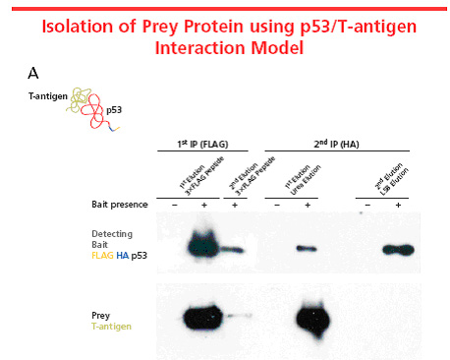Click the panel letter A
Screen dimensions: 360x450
click(x=34, y=73)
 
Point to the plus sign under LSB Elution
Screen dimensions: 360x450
click(x=399, y=205)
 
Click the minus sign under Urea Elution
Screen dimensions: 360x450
click(x=277, y=205)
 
